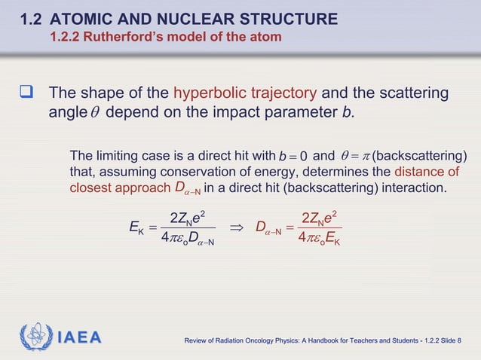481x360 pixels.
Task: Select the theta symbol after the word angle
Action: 93,114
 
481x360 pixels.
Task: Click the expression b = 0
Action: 291,157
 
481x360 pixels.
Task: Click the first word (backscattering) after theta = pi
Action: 419,157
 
